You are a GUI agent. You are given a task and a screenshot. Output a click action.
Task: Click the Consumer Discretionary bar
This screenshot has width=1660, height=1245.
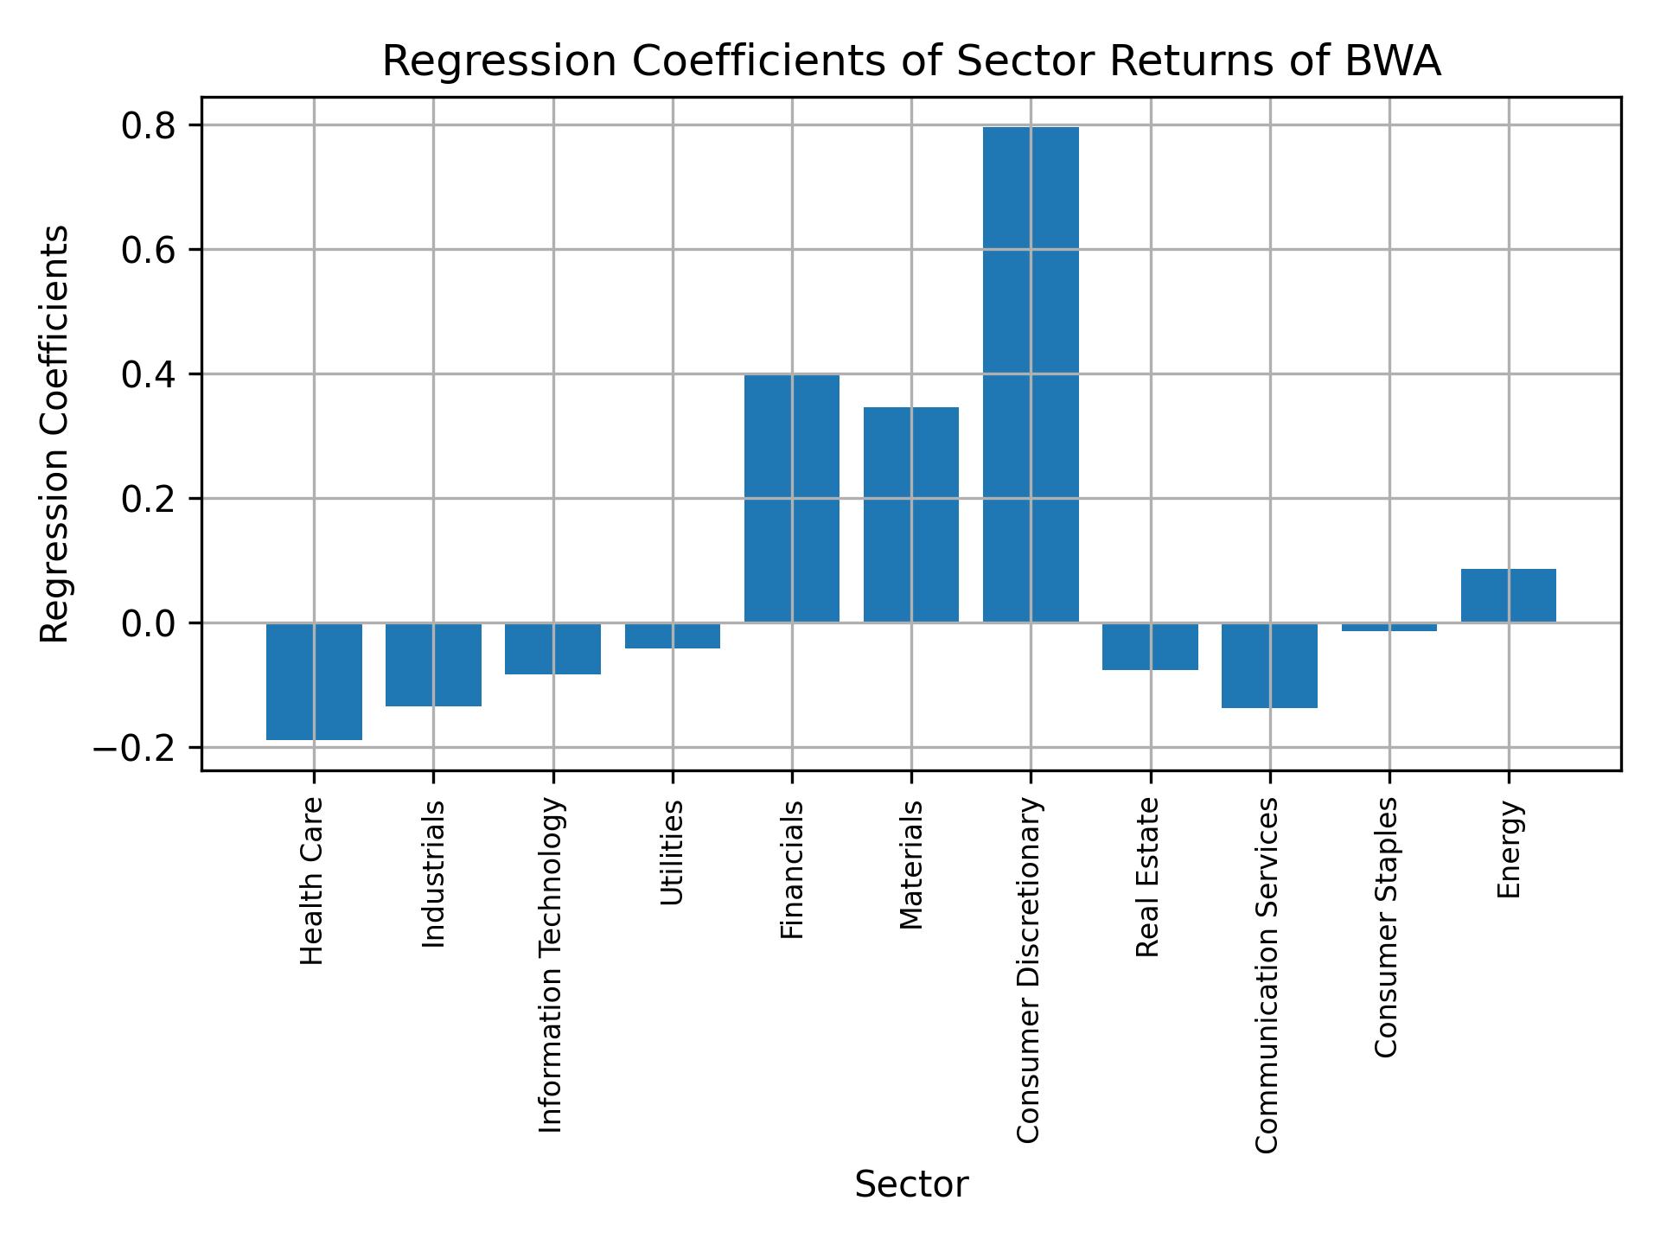[1031, 374]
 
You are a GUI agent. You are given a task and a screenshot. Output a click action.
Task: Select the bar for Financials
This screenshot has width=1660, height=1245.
[791, 498]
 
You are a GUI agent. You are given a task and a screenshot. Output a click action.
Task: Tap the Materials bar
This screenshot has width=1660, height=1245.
[911, 514]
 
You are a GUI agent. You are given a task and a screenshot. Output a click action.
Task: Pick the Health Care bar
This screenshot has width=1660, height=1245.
[314, 681]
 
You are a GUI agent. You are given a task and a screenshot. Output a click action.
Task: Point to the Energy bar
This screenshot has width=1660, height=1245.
[1509, 596]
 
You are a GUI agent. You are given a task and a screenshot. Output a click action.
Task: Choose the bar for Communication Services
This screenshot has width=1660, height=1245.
[1269, 665]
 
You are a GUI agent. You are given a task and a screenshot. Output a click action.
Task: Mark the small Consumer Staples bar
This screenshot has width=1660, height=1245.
[1389, 627]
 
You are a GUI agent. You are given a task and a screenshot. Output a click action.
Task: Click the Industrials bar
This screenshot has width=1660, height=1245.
[433, 664]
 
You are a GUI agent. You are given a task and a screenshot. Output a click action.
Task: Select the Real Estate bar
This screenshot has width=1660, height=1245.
[1150, 646]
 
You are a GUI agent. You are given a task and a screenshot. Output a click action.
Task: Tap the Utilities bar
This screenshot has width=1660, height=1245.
[673, 635]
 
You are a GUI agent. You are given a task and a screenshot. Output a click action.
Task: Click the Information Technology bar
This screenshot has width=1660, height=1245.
[553, 648]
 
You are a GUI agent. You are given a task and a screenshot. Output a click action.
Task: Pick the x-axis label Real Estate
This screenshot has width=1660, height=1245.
[1147, 878]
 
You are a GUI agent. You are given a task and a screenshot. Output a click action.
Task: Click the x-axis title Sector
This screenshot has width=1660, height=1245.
[911, 1184]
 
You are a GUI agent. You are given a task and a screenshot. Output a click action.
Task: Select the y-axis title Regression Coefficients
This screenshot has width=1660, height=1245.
[55, 433]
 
